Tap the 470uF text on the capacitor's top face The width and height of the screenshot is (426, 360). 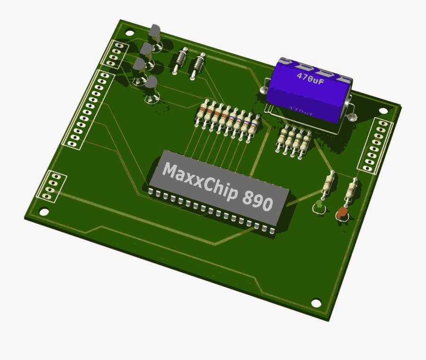click(311, 78)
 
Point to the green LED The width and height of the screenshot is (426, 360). click(319, 206)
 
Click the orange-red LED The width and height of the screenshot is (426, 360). click(341, 215)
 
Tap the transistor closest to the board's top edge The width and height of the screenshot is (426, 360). click(155, 34)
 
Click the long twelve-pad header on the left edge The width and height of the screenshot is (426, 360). click(88, 108)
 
